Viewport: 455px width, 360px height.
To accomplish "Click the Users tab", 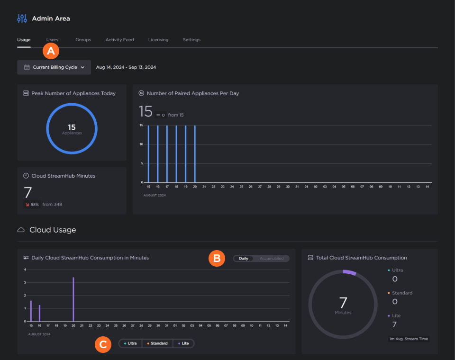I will pyautogui.click(x=52, y=40).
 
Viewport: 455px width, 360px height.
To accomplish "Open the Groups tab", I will pyautogui.click(x=83, y=40).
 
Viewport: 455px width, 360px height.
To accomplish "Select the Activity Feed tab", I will pyautogui.click(x=119, y=40).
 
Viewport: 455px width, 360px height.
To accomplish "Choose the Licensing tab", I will pyautogui.click(x=158, y=40).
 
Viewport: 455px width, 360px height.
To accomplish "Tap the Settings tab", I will pyautogui.click(x=191, y=40).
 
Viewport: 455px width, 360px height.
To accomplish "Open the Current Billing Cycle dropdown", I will pyautogui.click(x=54, y=67).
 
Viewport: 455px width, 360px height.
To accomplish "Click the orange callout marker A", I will pyautogui.click(x=51, y=51).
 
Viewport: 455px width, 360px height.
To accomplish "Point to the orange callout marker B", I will pyautogui.click(x=217, y=258).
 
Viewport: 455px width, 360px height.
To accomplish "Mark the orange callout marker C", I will pyautogui.click(x=103, y=344).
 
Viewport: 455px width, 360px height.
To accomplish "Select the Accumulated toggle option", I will pyautogui.click(x=272, y=259).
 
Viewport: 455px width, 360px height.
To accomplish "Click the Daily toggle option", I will pyautogui.click(x=244, y=259).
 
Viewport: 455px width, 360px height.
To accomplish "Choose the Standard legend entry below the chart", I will pyautogui.click(x=158, y=343).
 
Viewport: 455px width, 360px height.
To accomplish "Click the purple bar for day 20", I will pyautogui.click(x=73, y=299).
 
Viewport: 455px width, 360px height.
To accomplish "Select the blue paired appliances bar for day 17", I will pyautogui.click(x=167, y=154).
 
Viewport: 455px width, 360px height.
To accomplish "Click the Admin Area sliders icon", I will pyautogui.click(x=22, y=18).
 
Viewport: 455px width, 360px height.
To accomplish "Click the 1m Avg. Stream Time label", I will pyautogui.click(x=409, y=339).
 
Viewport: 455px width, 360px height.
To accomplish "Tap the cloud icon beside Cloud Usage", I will pyautogui.click(x=21, y=230).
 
